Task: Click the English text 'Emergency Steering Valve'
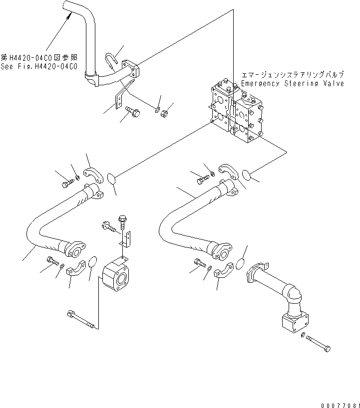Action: [292, 83]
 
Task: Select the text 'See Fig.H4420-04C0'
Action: [39, 66]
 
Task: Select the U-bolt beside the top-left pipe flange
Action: [111, 60]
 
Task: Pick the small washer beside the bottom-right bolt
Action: [304, 336]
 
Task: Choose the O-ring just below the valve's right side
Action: [246, 174]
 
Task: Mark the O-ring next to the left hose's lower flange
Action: [91, 262]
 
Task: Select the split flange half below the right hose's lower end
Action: [224, 270]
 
